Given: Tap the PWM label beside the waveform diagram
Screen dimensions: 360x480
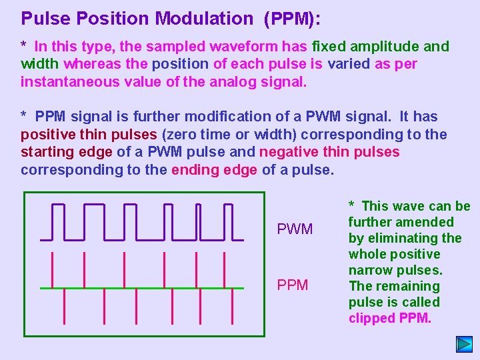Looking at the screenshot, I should click(x=294, y=229).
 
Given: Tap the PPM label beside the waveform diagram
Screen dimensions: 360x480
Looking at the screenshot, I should click(x=293, y=285).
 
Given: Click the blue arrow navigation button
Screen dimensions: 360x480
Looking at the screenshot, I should click(x=464, y=344).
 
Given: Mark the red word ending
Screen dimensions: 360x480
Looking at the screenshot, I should click(x=191, y=169).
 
